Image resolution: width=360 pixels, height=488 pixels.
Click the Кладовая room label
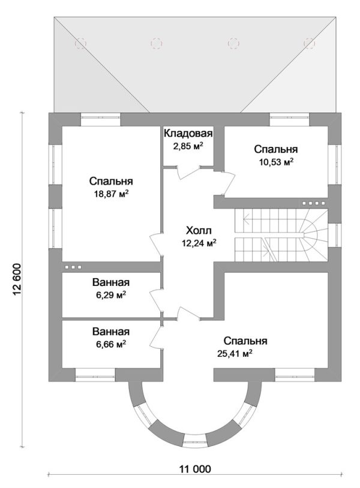pyautogui.click(x=188, y=134)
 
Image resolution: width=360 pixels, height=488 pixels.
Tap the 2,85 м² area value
pyautogui.click(x=188, y=146)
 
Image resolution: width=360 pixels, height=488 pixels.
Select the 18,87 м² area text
pyautogui.click(x=111, y=194)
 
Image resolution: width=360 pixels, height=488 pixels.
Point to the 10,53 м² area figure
pyautogui.click(x=275, y=161)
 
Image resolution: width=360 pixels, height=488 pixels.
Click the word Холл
pyautogui.click(x=199, y=230)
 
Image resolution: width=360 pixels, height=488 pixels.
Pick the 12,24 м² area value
pyautogui.click(x=199, y=243)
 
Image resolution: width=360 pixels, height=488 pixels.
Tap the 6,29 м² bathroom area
pyautogui.click(x=111, y=294)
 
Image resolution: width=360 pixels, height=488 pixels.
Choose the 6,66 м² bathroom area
pyautogui.click(x=111, y=344)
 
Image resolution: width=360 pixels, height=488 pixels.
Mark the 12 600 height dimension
pyautogui.click(x=16, y=279)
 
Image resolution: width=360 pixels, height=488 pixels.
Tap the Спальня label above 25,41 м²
pyautogui.click(x=244, y=341)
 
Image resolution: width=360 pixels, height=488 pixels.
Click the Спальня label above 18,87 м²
pyautogui.click(x=111, y=181)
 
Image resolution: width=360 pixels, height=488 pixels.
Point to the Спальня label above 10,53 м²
pyautogui.click(x=275, y=149)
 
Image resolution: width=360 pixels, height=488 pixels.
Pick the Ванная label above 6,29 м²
pyautogui.click(x=111, y=282)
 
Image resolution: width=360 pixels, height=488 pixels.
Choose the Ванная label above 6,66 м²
pyautogui.click(x=111, y=332)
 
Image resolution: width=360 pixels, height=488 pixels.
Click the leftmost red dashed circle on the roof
pyautogui.click(x=80, y=43)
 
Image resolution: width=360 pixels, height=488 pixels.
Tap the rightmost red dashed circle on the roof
pyautogui.click(x=310, y=43)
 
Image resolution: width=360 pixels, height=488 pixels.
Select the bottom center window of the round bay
pyautogui.click(x=195, y=444)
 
